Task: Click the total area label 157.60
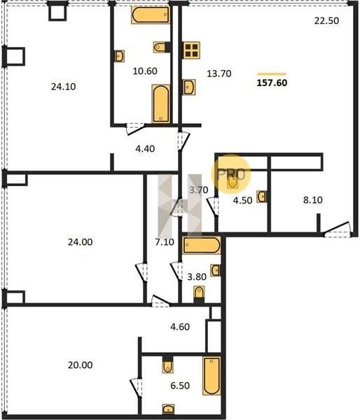pos(272,83)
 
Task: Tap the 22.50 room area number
pos(326,20)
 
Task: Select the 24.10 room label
pos(63,87)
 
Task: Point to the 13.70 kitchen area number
pos(219,73)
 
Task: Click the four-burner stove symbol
pos(191,50)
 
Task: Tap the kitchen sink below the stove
pos(189,87)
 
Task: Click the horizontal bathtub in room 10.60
pos(151,15)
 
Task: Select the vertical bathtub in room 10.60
pos(161,104)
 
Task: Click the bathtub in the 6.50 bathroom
pos(212,375)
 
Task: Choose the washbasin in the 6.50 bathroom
pos(168,409)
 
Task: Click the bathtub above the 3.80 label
pos(202,245)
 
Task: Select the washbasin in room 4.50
pos(262,196)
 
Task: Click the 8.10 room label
pos(312,200)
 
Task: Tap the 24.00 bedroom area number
pos(80,242)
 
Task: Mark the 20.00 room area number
pos(80,365)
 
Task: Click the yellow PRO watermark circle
pos(231,174)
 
